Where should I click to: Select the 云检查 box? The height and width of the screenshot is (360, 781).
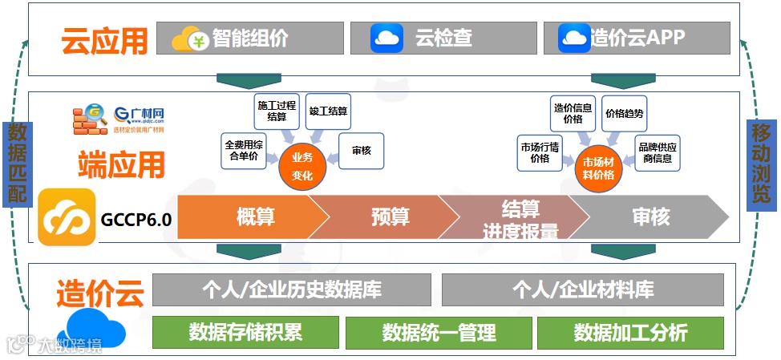(443, 38)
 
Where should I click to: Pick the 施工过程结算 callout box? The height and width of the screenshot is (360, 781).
(277, 111)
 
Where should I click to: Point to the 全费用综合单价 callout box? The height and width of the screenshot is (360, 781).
(244, 151)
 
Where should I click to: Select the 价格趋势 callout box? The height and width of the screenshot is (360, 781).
(624, 114)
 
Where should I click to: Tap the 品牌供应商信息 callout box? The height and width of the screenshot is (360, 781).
(658, 153)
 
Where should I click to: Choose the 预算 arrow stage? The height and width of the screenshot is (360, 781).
(385, 216)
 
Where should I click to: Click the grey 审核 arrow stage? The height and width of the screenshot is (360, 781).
(649, 216)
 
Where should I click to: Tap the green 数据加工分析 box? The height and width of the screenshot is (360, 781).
(630, 332)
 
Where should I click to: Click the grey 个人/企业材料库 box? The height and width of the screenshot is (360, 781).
(582, 289)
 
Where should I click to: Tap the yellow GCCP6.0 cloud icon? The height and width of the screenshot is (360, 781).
(67, 216)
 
